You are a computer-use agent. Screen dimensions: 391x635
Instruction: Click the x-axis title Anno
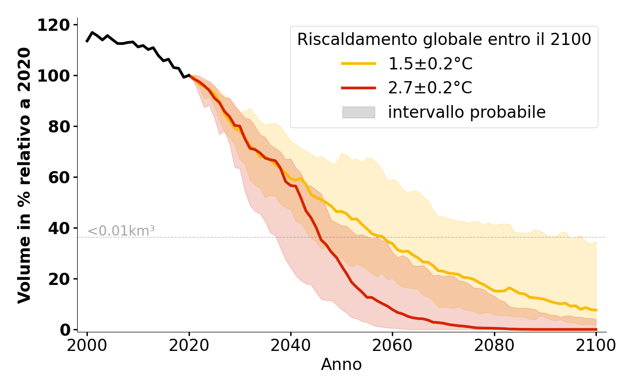coord(341,365)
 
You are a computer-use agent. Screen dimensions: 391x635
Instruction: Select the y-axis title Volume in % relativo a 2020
coord(24,175)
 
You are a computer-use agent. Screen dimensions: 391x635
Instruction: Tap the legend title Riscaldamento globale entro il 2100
coord(444,40)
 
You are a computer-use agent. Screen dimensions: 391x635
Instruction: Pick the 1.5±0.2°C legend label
coord(430,64)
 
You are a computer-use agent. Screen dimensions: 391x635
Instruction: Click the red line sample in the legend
coord(358,88)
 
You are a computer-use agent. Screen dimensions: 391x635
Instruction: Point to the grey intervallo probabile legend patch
coord(358,112)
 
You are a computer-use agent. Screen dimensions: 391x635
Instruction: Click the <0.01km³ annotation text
coord(121,231)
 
